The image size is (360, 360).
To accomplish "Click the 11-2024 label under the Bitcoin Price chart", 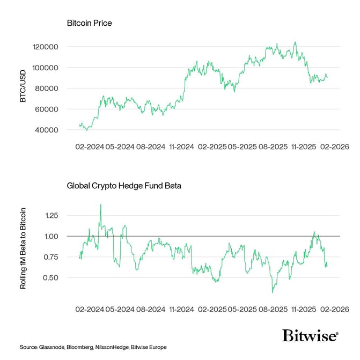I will (x=181, y=146).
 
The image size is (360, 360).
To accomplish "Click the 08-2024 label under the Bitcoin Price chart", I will (x=150, y=146).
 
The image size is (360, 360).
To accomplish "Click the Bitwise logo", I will (x=310, y=335).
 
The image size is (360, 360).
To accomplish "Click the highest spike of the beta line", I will (x=100, y=204).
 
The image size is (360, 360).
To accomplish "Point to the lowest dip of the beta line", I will (x=273, y=292).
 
